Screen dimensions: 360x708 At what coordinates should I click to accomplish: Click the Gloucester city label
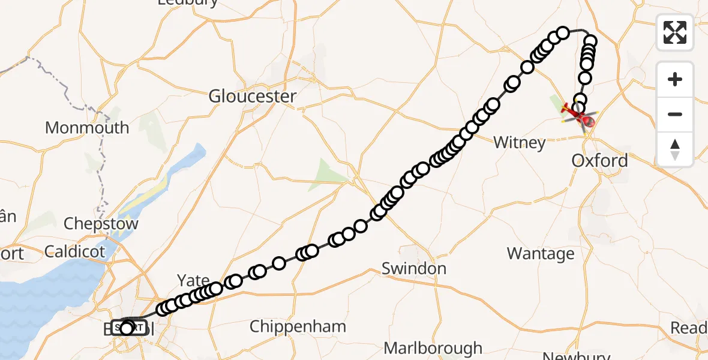click(x=253, y=96)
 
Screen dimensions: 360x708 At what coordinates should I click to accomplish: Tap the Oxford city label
click(x=599, y=160)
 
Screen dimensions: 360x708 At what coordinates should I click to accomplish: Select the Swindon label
click(x=414, y=268)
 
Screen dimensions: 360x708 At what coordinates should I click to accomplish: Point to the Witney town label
click(x=519, y=142)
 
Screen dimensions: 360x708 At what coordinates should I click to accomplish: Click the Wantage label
click(x=541, y=253)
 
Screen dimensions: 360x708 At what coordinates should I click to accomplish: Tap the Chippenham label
click(x=298, y=326)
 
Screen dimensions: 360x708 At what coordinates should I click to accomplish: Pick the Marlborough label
click(x=433, y=348)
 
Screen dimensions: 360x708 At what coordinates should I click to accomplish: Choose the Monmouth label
click(x=87, y=127)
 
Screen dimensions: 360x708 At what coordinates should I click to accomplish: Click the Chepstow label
click(x=101, y=224)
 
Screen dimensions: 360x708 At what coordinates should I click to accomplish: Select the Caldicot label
click(x=74, y=251)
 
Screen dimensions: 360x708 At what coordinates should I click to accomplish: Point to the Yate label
click(x=193, y=280)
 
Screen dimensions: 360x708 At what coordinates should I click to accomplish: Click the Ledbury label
click(x=188, y=3)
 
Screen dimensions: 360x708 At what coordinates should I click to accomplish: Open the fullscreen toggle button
click(x=675, y=32)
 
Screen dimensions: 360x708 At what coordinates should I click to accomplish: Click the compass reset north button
click(x=675, y=149)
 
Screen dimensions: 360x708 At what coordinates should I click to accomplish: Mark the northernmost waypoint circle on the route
click(x=563, y=32)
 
